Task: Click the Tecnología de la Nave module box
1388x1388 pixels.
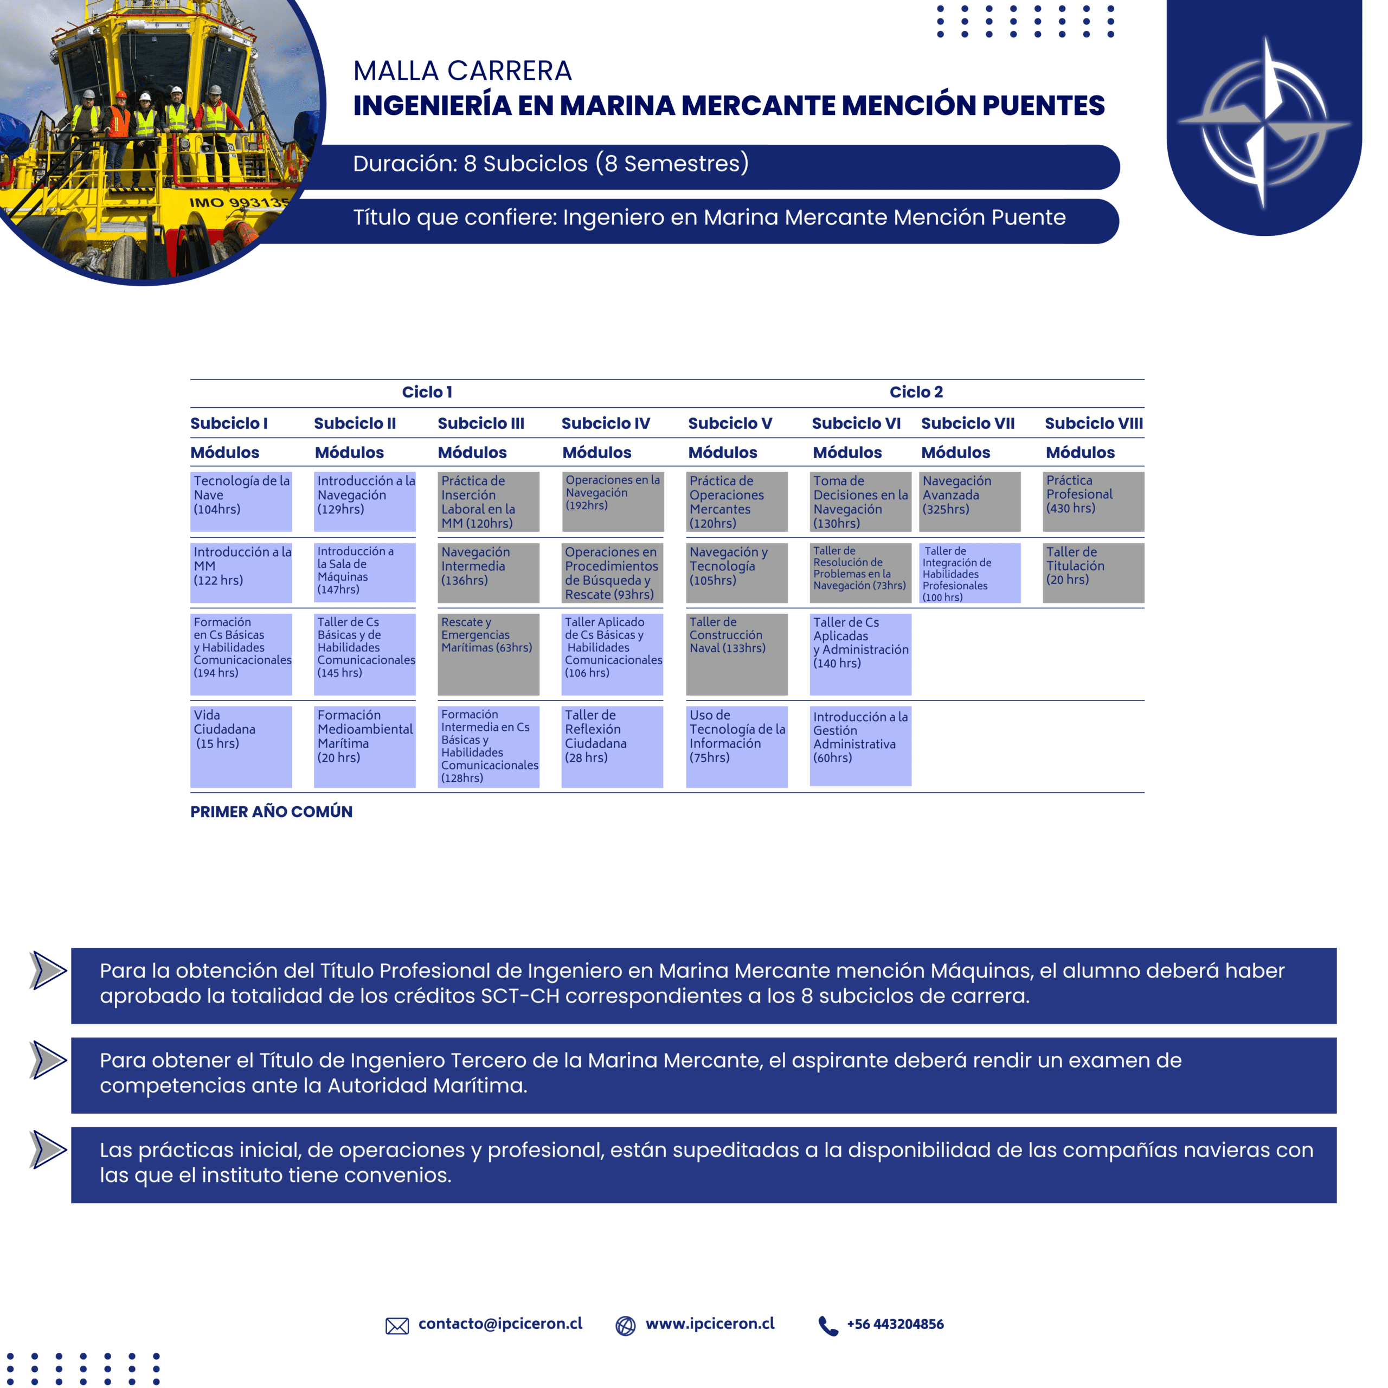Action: click(241, 501)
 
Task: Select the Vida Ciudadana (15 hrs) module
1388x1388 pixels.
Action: click(241, 747)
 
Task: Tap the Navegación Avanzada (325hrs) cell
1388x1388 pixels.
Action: click(969, 501)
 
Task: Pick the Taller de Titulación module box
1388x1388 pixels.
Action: click(1093, 572)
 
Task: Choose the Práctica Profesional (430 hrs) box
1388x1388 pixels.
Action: click(1093, 501)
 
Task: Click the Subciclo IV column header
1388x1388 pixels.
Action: click(606, 423)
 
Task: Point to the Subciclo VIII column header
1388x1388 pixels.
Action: click(1094, 423)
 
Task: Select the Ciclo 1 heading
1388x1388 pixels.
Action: click(427, 392)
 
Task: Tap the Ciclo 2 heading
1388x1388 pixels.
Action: click(916, 392)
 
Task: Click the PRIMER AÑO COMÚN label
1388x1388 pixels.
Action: click(272, 812)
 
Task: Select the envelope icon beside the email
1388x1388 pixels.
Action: click(396, 1326)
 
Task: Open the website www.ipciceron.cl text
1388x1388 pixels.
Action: click(710, 1324)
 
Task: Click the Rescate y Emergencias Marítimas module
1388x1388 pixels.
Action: click(488, 654)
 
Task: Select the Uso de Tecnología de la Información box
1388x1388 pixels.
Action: click(736, 747)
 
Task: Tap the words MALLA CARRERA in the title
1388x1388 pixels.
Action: click(462, 71)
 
